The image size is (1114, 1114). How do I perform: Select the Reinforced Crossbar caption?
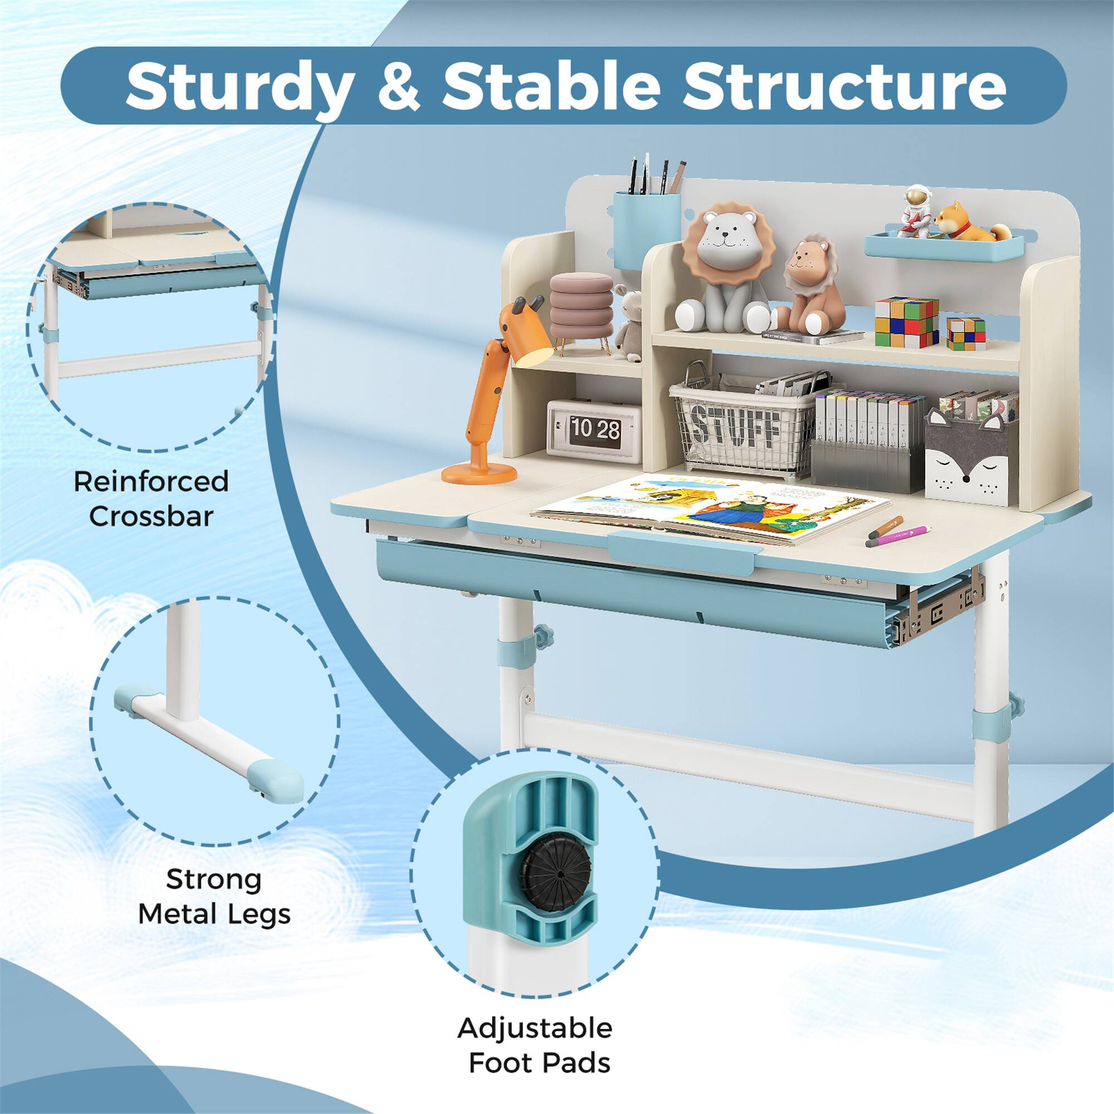(x=151, y=499)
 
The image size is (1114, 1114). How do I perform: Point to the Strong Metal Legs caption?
(x=214, y=905)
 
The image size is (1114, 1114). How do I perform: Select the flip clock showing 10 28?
(x=594, y=429)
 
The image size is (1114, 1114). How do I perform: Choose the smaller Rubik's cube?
(x=966, y=333)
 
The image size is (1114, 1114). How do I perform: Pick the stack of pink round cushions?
(x=580, y=306)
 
